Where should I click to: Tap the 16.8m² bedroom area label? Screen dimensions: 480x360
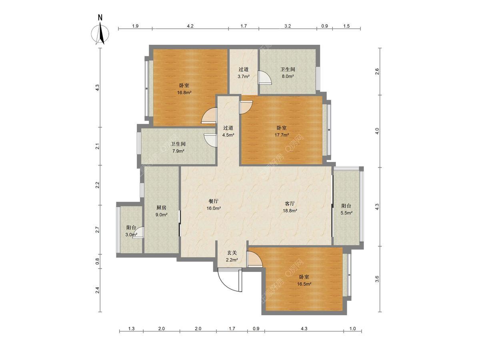pos(184,92)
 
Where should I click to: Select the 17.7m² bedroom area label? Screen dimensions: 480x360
pos(282,135)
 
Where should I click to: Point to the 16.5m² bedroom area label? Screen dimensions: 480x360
pos(304,284)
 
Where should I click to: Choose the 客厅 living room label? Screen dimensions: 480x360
pos(290,204)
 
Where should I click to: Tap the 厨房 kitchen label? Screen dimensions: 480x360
pos(161,208)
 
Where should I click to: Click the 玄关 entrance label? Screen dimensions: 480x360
pos(232,253)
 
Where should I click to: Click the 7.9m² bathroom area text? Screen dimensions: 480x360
pos(178,151)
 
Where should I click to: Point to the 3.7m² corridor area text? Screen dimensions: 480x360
pos(244,76)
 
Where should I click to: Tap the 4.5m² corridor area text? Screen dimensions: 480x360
pos(228,135)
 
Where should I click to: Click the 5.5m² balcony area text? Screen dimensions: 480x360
pos(346,213)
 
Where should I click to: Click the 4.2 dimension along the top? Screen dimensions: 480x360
pos(190,26)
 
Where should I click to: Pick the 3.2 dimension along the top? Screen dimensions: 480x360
pos(288,26)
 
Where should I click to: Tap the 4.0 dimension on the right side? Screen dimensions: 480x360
pos(377,131)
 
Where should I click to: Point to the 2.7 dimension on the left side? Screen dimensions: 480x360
pos(98,230)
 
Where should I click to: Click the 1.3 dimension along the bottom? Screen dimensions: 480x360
pos(131,328)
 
